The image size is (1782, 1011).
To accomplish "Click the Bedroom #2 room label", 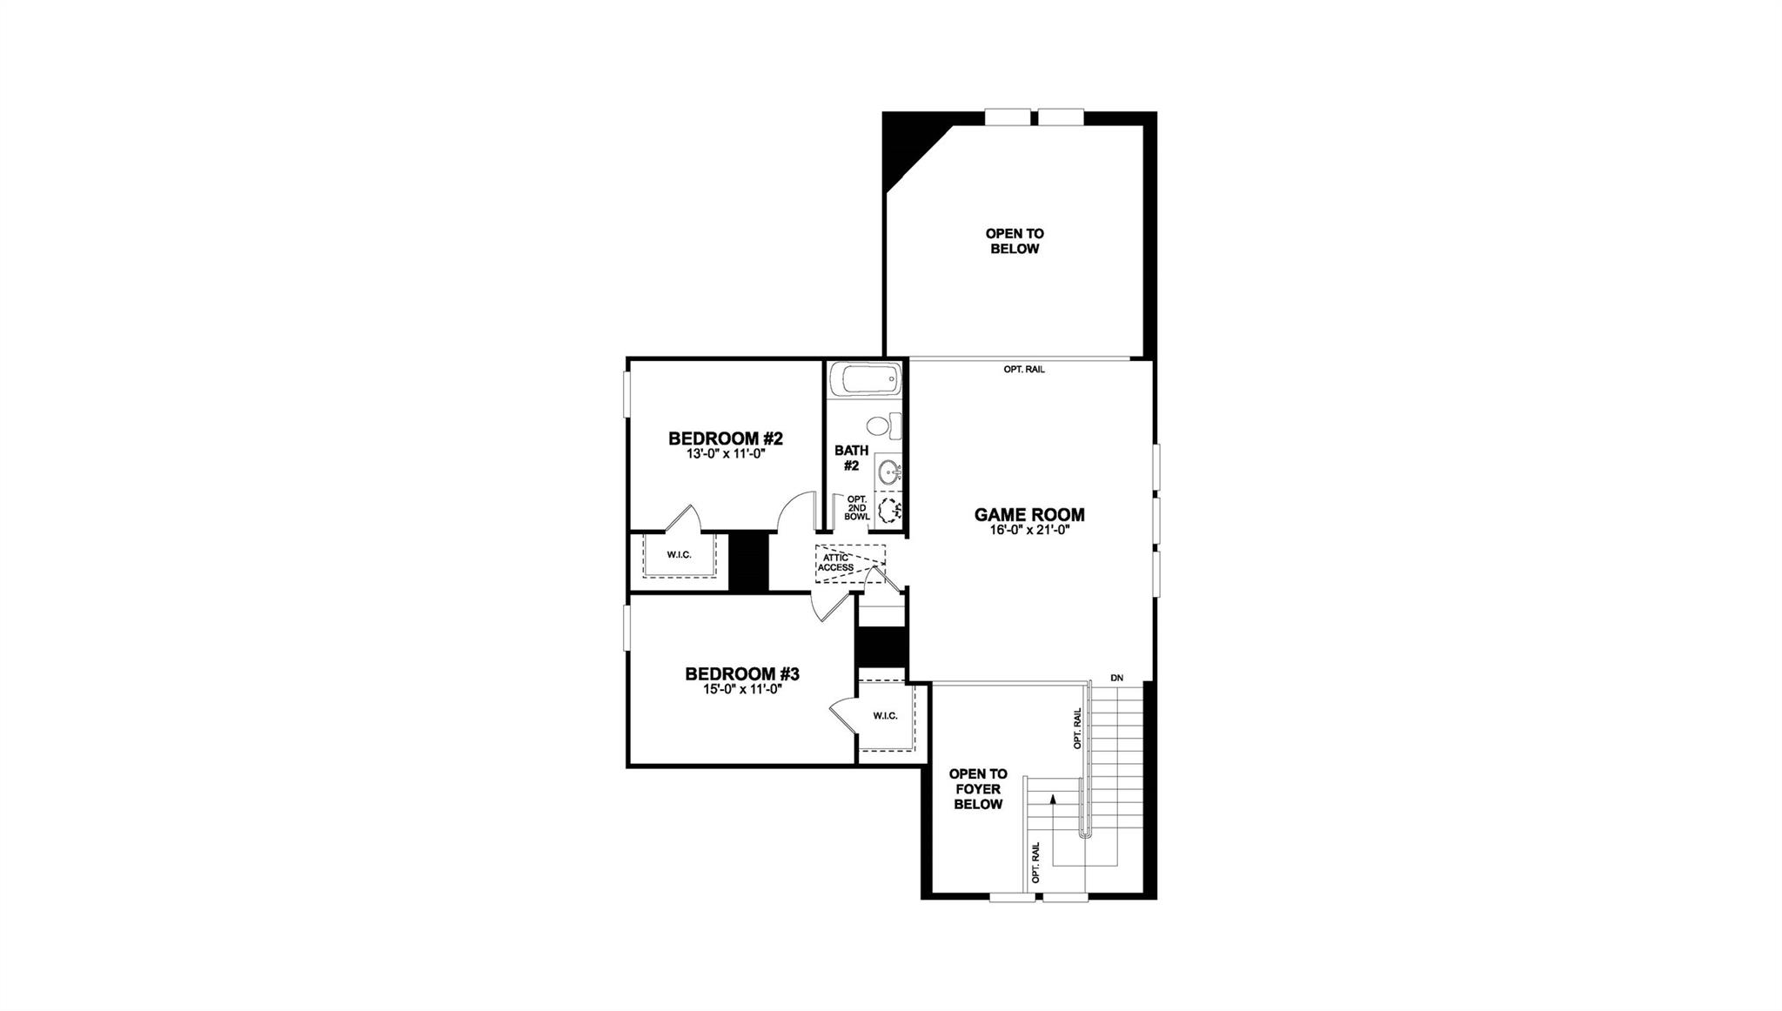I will [x=726, y=439].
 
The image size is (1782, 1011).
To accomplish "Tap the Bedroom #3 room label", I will [x=741, y=673].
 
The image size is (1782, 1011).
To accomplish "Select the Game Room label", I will [x=1029, y=514].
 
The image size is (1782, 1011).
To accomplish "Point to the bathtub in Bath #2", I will [x=865, y=379].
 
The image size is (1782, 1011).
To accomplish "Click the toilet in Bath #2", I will [x=880, y=426].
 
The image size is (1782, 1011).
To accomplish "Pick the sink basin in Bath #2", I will [x=888, y=473].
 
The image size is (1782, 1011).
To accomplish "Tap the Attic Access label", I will [x=834, y=563].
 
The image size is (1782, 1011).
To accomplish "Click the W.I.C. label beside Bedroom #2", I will [x=679, y=554].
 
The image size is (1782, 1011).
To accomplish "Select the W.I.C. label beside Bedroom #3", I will [x=885, y=716].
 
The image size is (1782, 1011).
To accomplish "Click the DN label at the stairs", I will [x=1117, y=678].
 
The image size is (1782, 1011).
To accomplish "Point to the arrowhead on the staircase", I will [x=1054, y=798].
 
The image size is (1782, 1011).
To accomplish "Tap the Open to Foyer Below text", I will [x=978, y=788].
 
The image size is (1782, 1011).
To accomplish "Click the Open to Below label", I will [x=1015, y=241].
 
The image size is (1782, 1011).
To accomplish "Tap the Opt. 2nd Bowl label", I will [x=857, y=508].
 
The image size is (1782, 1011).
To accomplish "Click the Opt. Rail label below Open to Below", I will [x=1024, y=370].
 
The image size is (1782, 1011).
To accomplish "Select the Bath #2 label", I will [x=851, y=458].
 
